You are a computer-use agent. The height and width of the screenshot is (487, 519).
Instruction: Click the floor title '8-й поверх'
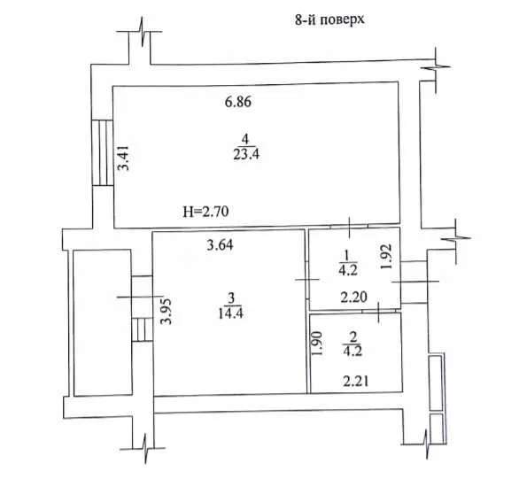pyautogui.click(x=329, y=19)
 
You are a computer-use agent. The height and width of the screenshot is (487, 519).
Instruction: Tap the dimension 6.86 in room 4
pyautogui.click(x=238, y=102)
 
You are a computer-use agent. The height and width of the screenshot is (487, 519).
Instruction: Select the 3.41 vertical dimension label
pyautogui.click(x=124, y=158)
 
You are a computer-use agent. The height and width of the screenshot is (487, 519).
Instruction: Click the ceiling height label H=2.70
pyautogui.click(x=205, y=212)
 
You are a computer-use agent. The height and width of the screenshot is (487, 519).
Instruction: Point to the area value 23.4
pyautogui.click(x=246, y=154)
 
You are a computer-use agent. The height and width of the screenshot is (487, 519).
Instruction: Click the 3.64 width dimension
pyautogui.click(x=220, y=245)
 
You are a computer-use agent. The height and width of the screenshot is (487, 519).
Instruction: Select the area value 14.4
pyautogui.click(x=230, y=313)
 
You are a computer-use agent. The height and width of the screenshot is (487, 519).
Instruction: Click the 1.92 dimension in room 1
pyautogui.click(x=386, y=257)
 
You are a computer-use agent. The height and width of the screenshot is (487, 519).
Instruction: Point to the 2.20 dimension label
pyautogui.click(x=354, y=297)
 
